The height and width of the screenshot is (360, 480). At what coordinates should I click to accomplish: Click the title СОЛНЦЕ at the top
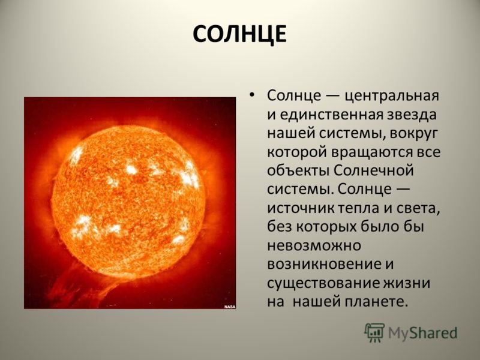coord(239,34)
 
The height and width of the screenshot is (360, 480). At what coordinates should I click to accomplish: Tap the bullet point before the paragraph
coord(251,95)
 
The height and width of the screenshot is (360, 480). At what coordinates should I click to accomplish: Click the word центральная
coord(392,96)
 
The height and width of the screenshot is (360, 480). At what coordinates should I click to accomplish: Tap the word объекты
coord(298,170)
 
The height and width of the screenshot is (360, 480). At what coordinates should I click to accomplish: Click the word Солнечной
coord(373,170)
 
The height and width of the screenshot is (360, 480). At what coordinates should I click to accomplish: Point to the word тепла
coord(358,208)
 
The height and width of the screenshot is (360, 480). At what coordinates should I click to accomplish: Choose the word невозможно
coord(314,245)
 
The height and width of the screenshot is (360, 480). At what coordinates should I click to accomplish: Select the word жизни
coord(407,283)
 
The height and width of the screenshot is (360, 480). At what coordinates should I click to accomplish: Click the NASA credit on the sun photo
coord(230,307)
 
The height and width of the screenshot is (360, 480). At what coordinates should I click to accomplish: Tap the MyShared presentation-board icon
coord(374,333)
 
